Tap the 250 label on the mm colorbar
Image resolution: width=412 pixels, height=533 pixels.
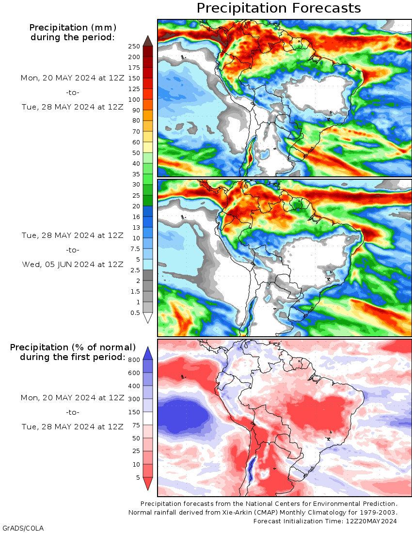[x=134, y=46]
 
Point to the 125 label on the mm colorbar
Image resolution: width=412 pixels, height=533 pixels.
[x=134, y=89]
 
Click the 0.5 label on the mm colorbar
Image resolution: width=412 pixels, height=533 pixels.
[x=135, y=313]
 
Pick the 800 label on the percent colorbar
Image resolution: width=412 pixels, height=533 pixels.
[x=134, y=359]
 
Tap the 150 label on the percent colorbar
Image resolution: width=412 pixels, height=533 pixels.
[x=134, y=412]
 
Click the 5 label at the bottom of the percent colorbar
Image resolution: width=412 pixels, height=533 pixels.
[x=138, y=477]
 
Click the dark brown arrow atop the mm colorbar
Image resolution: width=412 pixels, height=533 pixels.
[x=148, y=41]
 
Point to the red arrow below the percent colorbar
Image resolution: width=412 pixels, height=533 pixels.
[x=148, y=483]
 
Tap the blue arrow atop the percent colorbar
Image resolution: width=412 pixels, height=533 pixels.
[x=148, y=353]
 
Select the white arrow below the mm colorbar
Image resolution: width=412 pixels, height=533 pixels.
[x=148, y=318]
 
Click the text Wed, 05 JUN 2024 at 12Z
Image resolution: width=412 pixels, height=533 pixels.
[x=73, y=264]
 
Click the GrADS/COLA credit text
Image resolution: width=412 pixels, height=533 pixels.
[x=23, y=527]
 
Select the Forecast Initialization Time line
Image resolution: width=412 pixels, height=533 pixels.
[x=325, y=521]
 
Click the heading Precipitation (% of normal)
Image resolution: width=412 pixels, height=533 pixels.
[x=73, y=347]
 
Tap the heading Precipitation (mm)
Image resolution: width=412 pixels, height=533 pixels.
[x=73, y=27]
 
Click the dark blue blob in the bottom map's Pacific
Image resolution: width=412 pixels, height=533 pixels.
[x=184, y=414]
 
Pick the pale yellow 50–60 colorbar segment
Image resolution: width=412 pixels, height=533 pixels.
[x=148, y=147]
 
